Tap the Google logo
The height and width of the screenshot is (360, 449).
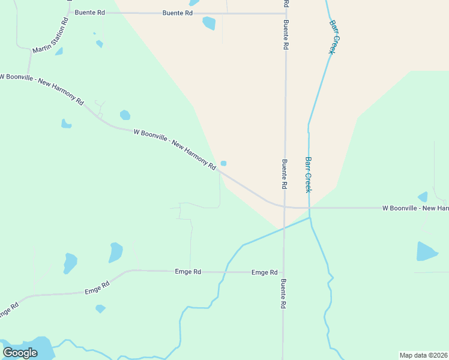pyautogui.click(x=20, y=353)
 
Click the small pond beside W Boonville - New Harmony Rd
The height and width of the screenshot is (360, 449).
pyautogui.click(x=223, y=163)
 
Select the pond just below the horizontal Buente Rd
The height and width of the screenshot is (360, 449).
pyautogui.click(x=209, y=23)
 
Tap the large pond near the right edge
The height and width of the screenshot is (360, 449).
pyautogui.click(x=426, y=252)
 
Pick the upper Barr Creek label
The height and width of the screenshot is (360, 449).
pyautogui.click(x=331, y=37)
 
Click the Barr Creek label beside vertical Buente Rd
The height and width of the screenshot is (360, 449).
pyautogui.click(x=308, y=175)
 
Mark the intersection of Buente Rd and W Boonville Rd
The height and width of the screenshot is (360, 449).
pyautogui.click(x=284, y=207)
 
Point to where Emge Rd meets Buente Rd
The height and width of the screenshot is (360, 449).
pyautogui.click(x=283, y=272)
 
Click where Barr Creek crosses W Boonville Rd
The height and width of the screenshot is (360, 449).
pyautogui.click(x=309, y=208)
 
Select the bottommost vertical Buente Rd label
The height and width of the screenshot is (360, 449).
pyautogui.click(x=283, y=294)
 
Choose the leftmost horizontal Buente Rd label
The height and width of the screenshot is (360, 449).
pyautogui.click(x=89, y=12)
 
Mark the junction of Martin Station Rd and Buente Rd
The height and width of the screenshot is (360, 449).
pyautogui.click(x=68, y=12)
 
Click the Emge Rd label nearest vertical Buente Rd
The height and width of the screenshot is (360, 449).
pyautogui.click(x=264, y=272)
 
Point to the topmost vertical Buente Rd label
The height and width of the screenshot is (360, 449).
pyautogui.click(x=286, y=27)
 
